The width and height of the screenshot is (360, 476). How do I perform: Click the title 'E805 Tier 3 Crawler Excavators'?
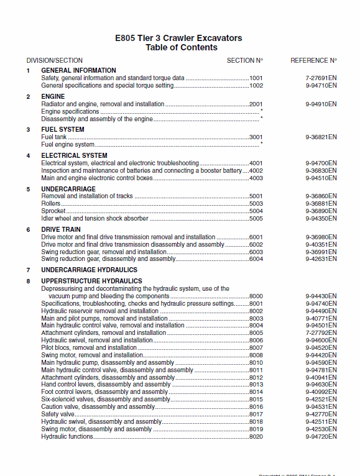tap(179, 38)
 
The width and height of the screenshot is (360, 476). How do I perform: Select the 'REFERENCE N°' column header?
tap(313, 61)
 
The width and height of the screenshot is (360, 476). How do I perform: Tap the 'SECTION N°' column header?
tap(245, 61)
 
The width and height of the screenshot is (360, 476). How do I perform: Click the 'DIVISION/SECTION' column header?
tap(55, 61)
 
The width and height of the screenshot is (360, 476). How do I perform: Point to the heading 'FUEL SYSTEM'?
tap(63, 129)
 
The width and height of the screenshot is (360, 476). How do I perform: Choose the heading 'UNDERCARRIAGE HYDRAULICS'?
tap(89, 270)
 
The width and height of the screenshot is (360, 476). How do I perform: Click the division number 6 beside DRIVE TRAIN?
tap(28, 230)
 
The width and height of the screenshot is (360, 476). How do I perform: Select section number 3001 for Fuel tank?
tap(256, 137)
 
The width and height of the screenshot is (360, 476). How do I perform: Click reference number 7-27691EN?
tap(321, 78)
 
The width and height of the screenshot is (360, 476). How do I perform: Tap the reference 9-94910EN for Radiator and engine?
tap(321, 104)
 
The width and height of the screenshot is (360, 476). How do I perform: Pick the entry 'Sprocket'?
tap(53, 211)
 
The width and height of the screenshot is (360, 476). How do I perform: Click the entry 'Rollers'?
tap(51, 204)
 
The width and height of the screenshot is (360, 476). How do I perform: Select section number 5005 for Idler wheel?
tap(256, 219)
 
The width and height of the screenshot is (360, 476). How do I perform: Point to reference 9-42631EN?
tap(321, 259)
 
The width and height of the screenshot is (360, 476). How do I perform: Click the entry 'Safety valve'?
tap(58, 414)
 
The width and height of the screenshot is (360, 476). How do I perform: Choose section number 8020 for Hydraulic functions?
tap(256, 437)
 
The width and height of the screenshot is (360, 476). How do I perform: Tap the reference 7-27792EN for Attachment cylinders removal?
tap(321, 333)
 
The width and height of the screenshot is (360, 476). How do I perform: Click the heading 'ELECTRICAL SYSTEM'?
tap(74, 155)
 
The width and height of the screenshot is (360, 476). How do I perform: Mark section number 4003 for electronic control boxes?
tap(256, 178)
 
